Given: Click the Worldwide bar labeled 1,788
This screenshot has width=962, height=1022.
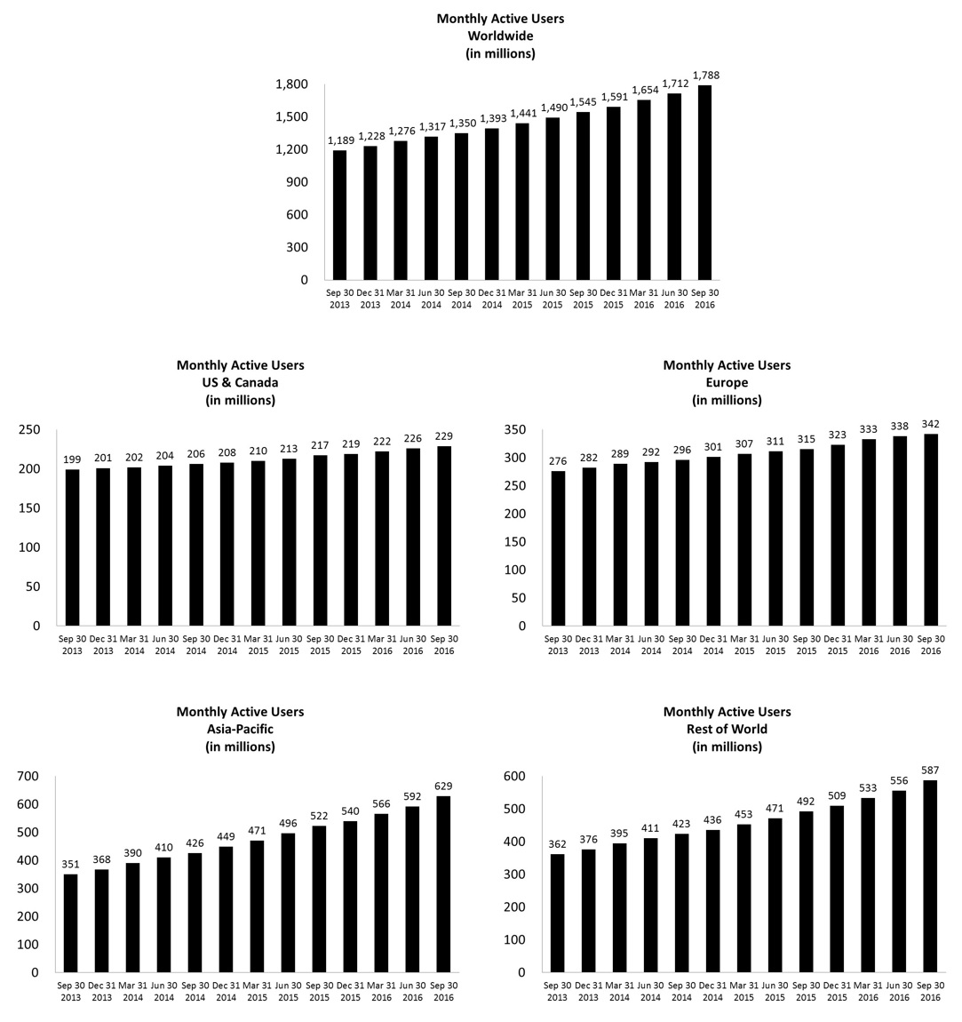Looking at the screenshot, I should [x=704, y=182].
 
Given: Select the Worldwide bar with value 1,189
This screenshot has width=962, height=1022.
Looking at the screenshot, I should [x=339, y=215].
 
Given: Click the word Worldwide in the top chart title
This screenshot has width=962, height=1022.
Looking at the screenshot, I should [x=500, y=36].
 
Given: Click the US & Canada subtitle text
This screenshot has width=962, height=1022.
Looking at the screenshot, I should [x=240, y=382].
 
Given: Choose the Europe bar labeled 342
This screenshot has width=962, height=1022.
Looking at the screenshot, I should [x=930, y=530].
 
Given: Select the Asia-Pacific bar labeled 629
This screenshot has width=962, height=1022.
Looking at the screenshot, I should [x=443, y=884].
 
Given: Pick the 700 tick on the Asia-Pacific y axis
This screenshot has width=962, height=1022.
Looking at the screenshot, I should [x=29, y=777].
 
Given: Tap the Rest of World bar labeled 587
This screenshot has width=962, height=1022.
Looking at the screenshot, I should [x=930, y=876].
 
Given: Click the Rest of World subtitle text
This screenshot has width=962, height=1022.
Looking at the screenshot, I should [x=727, y=729].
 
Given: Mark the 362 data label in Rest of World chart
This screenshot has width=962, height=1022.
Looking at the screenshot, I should [x=558, y=844].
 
